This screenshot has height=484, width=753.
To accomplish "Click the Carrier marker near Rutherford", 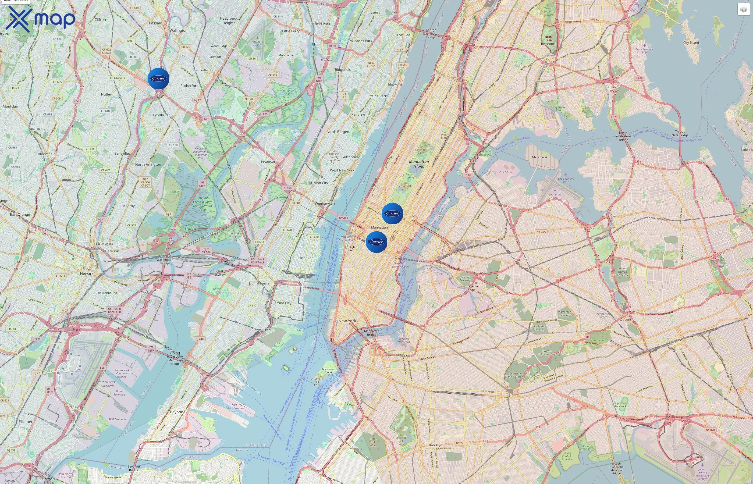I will tap(158, 78).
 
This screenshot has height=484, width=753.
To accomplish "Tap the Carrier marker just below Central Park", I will tap(392, 213).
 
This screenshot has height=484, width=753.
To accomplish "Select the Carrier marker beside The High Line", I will tap(376, 242).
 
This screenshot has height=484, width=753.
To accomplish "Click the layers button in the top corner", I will tap(743, 9).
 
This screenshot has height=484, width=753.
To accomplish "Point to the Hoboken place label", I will tap(306, 258).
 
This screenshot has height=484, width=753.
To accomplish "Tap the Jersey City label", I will tap(282, 303).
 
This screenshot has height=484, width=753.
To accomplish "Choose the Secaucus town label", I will tap(268, 161).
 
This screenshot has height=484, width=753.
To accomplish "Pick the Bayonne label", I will tap(177, 412).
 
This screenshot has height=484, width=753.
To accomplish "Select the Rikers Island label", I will tap(539, 157).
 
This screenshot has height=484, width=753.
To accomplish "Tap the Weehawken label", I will tap(325, 203).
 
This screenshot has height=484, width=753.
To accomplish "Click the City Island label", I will tap(691, 42).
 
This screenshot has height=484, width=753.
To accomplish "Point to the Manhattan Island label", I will tap(419, 164).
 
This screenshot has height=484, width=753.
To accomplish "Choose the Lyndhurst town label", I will tap(161, 115).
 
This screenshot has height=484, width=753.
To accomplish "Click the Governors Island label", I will tap(328, 371).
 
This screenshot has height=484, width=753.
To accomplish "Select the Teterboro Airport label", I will tap(257, 43).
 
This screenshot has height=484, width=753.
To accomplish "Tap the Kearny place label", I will tap(129, 206).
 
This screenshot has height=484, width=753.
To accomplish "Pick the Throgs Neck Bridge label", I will tap(680, 133).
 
